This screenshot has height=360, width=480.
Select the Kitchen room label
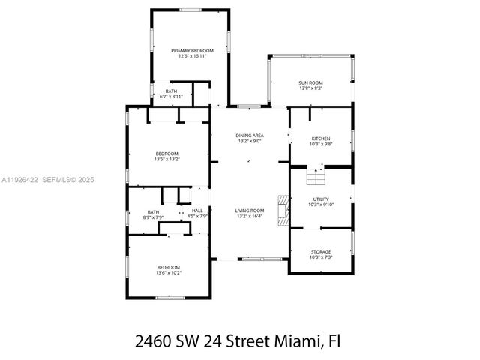pyautogui.click(x=321, y=138)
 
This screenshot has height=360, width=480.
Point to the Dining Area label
pyautogui.click(x=250, y=136)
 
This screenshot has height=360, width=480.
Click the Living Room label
pyautogui.click(x=250, y=211)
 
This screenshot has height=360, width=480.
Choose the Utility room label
pyautogui.click(x=321, y=199)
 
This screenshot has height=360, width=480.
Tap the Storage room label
pyautogui.click(x=321, y=252)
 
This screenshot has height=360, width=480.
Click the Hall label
pyautogui.click(x=197, y=211)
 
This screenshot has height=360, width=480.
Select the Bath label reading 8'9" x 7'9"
pyautogui.click(x=153, y=211)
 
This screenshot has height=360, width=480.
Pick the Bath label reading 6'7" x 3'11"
pyautogui.click(x=172, y=91)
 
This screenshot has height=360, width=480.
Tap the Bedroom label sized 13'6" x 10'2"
pyautogui.click(x=168, y=268)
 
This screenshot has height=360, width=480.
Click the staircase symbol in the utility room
pyautogui.click(x=316, y=178)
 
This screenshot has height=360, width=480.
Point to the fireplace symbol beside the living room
pyautogui.click(x=283, y=211)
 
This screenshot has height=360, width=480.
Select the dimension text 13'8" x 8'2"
pyautogui.click(x=310, y=88)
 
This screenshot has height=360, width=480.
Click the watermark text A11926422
pyautogui.click(x=20, y=179)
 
